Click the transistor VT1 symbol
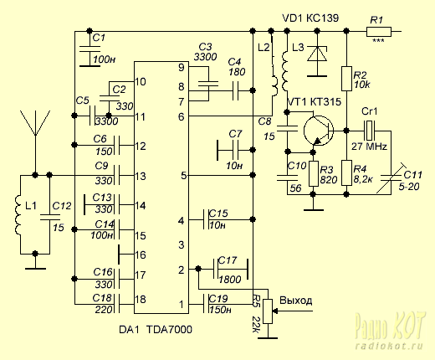tap(319, 131)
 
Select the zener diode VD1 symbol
tap(317, 54)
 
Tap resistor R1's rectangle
tap(379, 32)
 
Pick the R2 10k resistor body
tap(346, 79)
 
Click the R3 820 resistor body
tap(314, 173)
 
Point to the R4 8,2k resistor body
tap(346, 172)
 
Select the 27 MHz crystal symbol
tap(370, 131)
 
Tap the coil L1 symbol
tap(18, 214)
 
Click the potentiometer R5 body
tap(268, 311)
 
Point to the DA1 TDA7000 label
tap(156, 330)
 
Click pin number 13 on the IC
tap(141, 177)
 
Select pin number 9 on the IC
tap(182, 68)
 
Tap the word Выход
tap(296, 301)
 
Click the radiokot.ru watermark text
tap(389, 347)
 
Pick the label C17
tap(228, 260)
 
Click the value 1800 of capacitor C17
tap(230, 280)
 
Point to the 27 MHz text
tap(369, 147)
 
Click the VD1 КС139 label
tap(310, 18)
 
